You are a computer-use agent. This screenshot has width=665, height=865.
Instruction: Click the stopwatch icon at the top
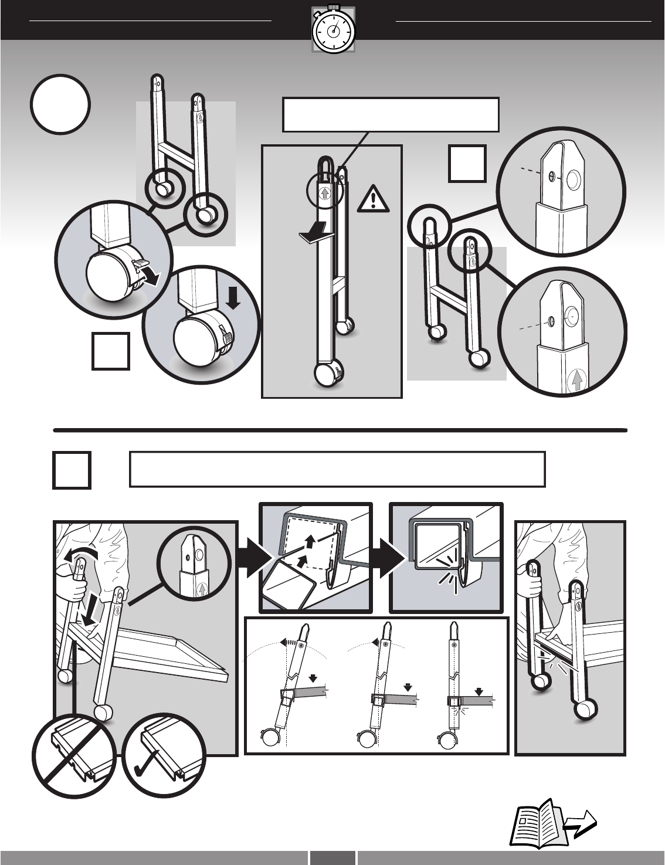tap(333, 30)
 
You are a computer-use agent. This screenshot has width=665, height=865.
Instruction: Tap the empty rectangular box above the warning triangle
tap(391, 115)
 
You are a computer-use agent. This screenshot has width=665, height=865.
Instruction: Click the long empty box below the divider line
tap(337, 469)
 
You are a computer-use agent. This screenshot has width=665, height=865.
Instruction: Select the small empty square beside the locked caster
tap(111, 351)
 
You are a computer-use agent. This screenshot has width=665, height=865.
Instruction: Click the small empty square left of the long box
tap(72, 470)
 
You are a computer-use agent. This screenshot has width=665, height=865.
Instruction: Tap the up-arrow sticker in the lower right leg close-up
tap(577, 381)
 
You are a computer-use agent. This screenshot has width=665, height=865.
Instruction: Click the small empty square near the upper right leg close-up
tap(467, 163)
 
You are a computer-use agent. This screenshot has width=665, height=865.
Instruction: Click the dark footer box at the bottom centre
tap(333, 857)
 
